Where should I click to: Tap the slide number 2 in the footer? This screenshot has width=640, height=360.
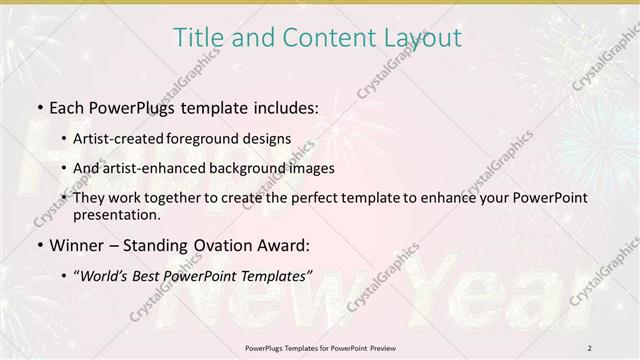[x=589, y=347]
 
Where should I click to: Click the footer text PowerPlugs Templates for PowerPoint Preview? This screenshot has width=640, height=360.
[x=319, y=347]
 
